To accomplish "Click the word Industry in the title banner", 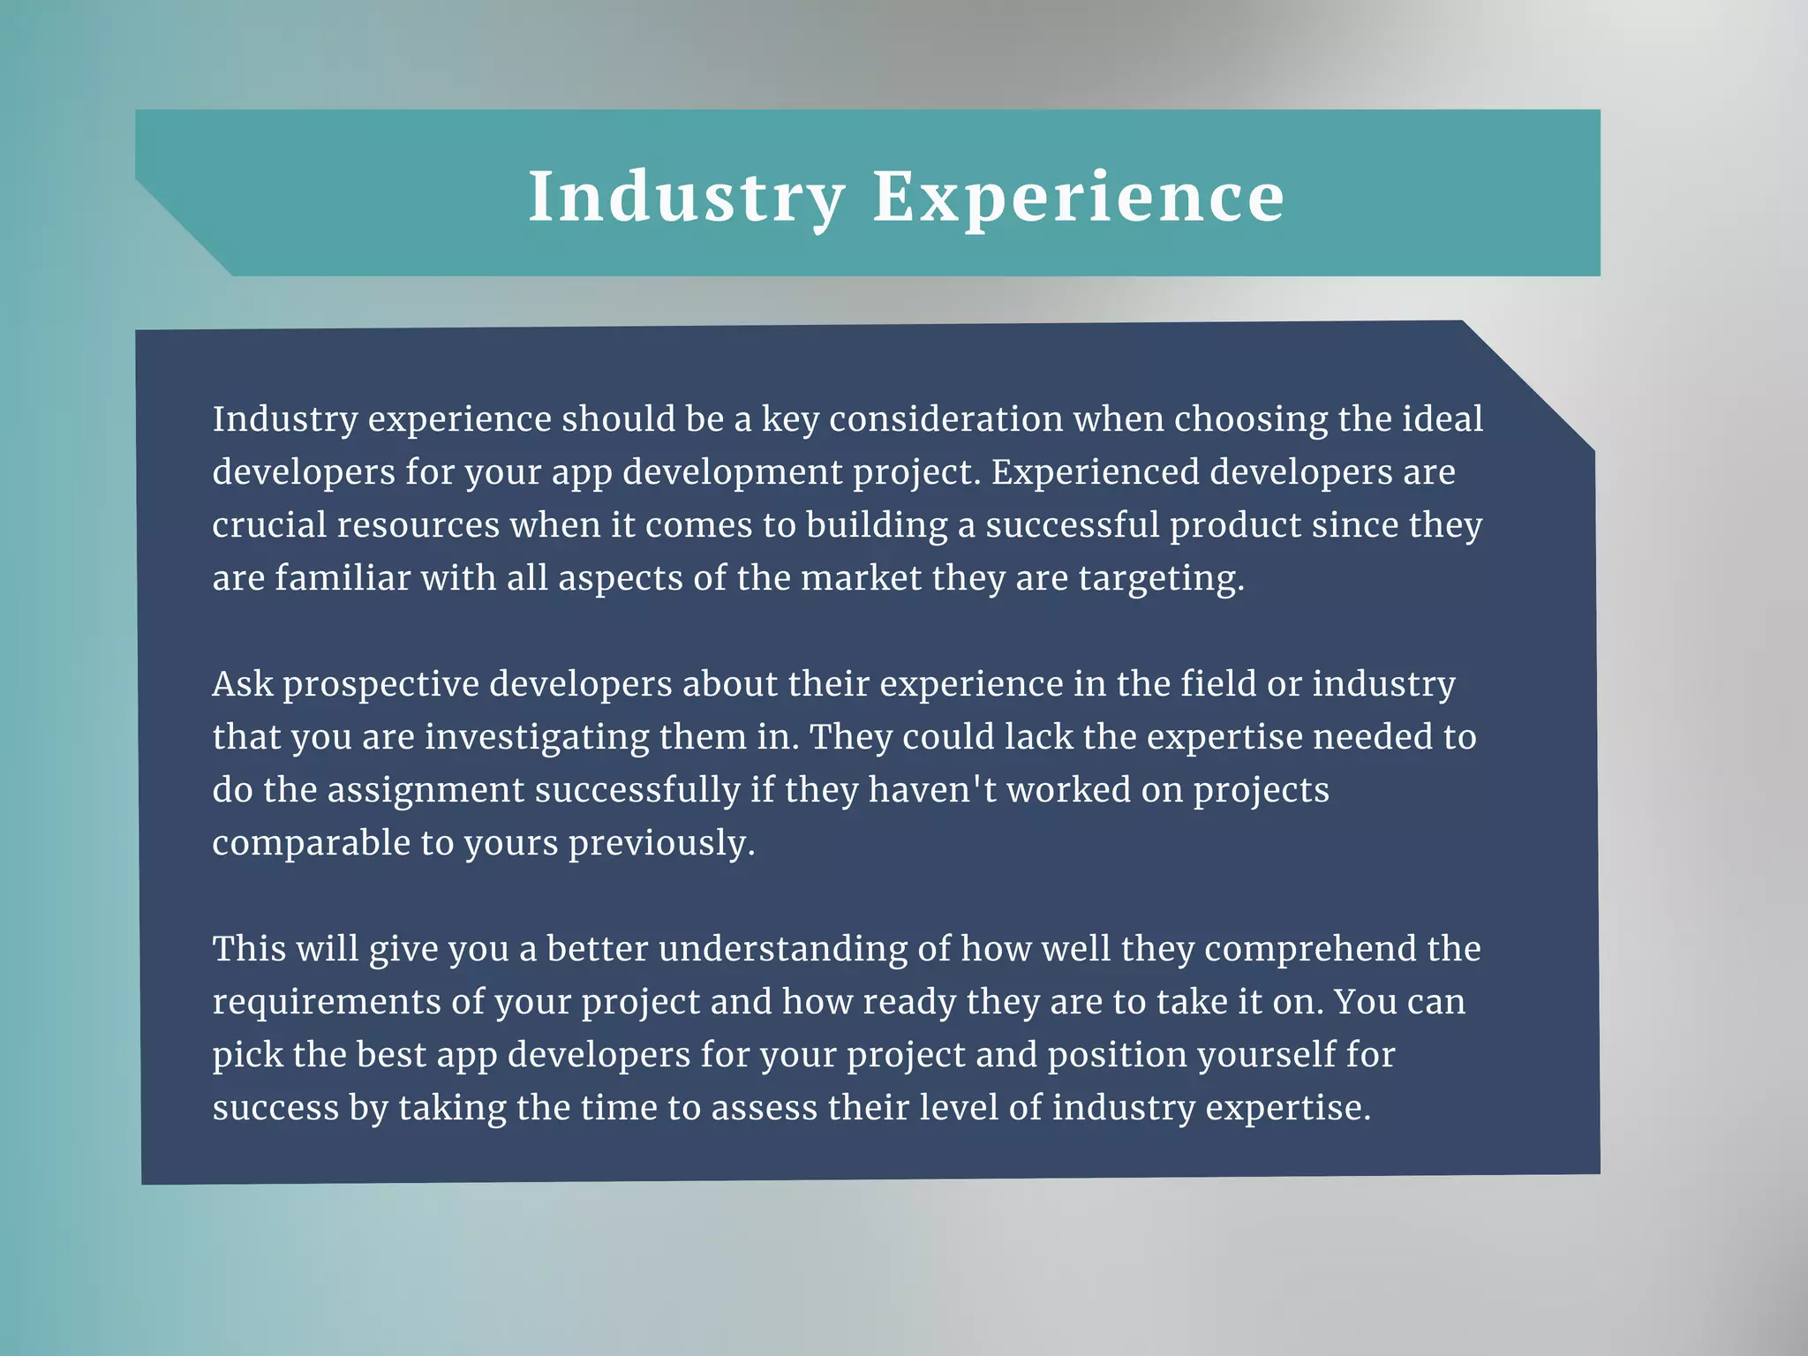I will pos(687,197).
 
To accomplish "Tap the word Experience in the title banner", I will pos(1078,197).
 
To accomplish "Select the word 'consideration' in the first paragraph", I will pos(945,419).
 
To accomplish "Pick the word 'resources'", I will pos(418,525).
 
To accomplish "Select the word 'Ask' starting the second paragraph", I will pos(243,684).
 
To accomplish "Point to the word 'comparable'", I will pos(311,844).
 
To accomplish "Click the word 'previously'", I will pos(661,844).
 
